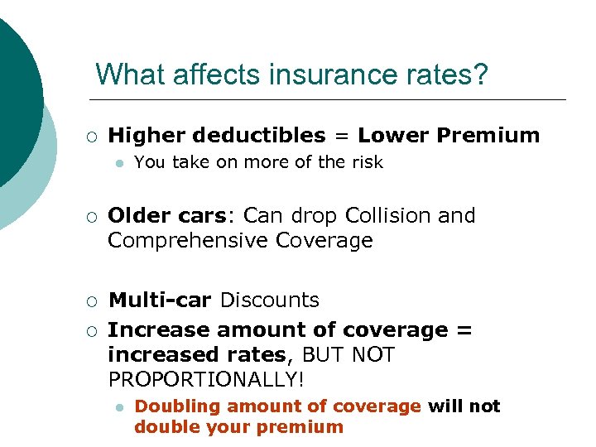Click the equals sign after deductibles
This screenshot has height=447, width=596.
click(x=342, y=136)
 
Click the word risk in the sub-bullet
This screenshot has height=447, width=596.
click(x=367, y=163)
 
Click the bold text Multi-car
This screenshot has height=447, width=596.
click(x=161, y=300)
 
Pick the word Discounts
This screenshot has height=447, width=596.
click(x=269, y=300)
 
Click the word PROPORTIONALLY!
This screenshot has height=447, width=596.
click(x=206, y=380)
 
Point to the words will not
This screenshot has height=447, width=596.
click(x=464, y=406)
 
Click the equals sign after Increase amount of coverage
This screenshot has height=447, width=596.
click(x=464, y=330)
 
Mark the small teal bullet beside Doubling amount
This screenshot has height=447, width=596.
click(x=120, y=407)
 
